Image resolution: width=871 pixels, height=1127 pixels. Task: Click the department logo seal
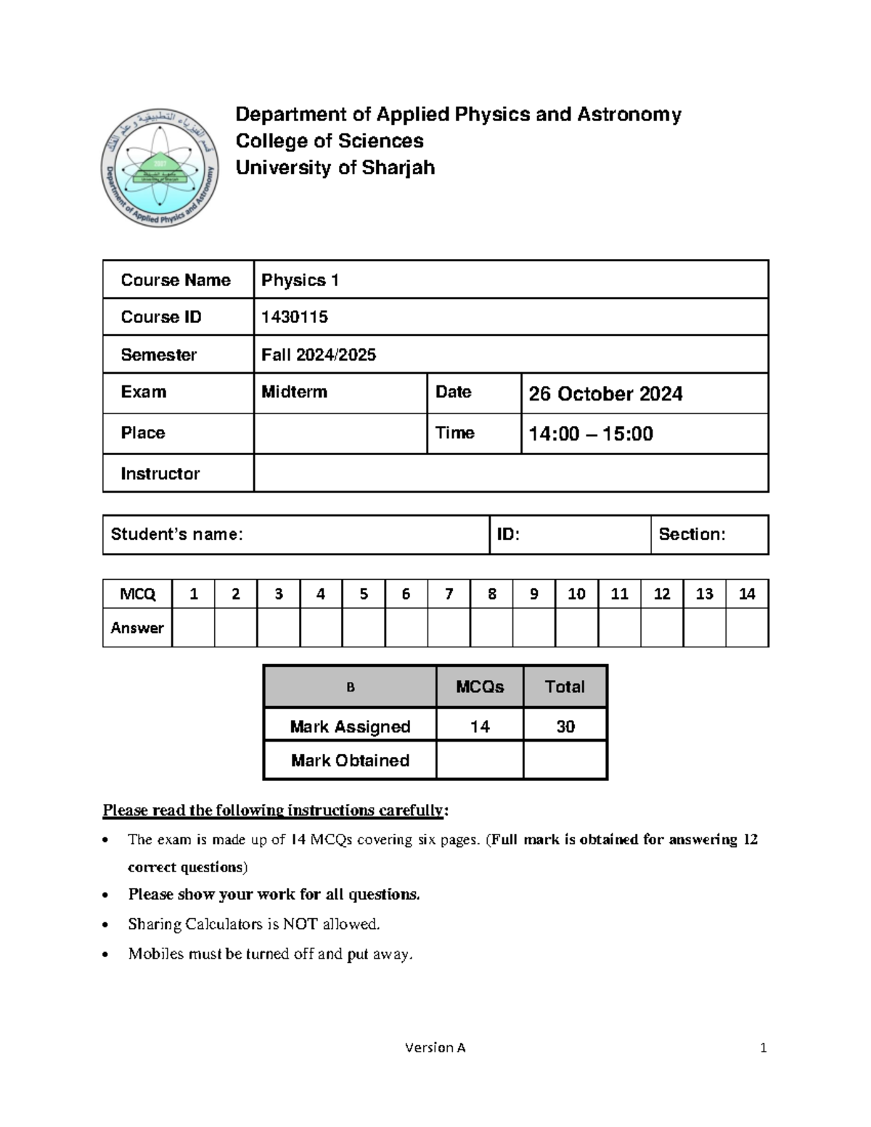tap(160, 168)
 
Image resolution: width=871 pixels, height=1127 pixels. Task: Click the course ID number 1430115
tap(295, 317)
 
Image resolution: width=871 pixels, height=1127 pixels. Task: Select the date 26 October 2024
tap(605, 394)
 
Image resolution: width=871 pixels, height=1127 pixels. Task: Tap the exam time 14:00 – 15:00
tap(591, 434)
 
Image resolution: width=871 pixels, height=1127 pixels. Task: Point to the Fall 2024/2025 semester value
tap(319, 355)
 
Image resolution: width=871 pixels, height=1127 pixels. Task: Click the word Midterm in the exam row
tap(294, 392)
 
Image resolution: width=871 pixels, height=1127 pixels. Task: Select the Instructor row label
tap(160, 474)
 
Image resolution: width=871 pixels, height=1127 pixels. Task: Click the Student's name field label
tap(176, 535)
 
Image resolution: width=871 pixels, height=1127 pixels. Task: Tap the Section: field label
tap(692, 535)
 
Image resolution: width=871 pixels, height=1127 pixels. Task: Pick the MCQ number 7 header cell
tap(449, 594)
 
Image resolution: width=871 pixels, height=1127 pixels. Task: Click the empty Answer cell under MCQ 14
tap(747, 628)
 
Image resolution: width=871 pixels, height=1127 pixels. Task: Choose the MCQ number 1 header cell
tap(193, 594)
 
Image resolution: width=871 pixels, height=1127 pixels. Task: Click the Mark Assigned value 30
tap(565, 726)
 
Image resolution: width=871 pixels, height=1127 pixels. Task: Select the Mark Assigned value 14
tap(480, 726)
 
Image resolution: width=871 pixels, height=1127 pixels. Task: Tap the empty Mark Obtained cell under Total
tap(565, 761)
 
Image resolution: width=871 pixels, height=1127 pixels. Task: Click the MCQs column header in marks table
tap(480, 687)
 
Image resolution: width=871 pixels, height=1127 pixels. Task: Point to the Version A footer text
tap(435, 1047)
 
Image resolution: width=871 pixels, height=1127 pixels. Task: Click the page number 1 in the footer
tap(764, 1047)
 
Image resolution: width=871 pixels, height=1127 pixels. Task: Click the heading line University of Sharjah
tap(335, 168)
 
